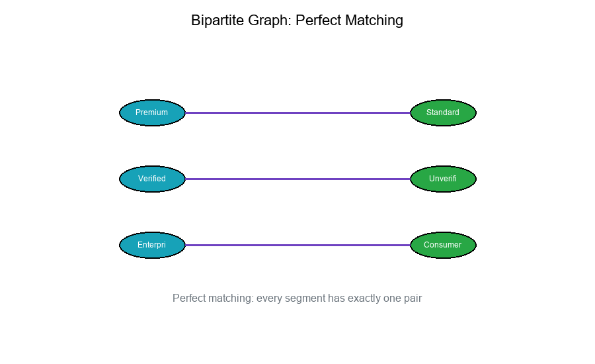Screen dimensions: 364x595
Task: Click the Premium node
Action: click(x=152, y=113)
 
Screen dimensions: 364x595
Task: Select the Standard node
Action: click(x=443, y=113)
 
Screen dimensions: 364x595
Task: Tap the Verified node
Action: click(x=152, y=179)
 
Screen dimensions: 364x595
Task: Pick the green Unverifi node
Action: click(x=443, y=179)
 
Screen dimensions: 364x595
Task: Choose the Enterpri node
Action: click(x=152, y=245)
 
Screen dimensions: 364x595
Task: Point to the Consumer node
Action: click(x=443, y=245)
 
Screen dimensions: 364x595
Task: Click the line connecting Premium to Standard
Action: click(x=297, y=113)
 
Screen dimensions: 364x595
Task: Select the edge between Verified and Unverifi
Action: click(x=297, y=179)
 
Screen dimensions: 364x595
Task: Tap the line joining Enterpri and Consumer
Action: click(x=297, y=245)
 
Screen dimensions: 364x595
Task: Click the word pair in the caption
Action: click(x=412, y=298)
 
